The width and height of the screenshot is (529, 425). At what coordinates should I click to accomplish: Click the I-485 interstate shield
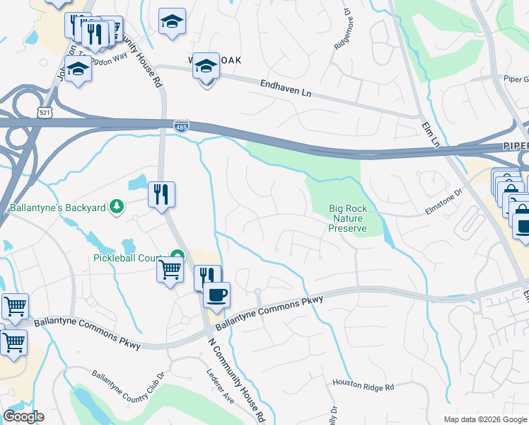coord(181,125)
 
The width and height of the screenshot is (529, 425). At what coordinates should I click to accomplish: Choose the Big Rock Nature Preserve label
coord(347,219)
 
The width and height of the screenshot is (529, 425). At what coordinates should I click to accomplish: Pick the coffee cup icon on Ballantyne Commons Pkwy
coord(216,293)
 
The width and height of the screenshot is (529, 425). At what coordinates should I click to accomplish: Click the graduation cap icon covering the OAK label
coord(206,65)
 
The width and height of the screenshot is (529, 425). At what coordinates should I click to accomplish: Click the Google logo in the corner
coord(23,416)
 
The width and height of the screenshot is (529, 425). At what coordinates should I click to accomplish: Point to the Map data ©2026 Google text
coord(485,419)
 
